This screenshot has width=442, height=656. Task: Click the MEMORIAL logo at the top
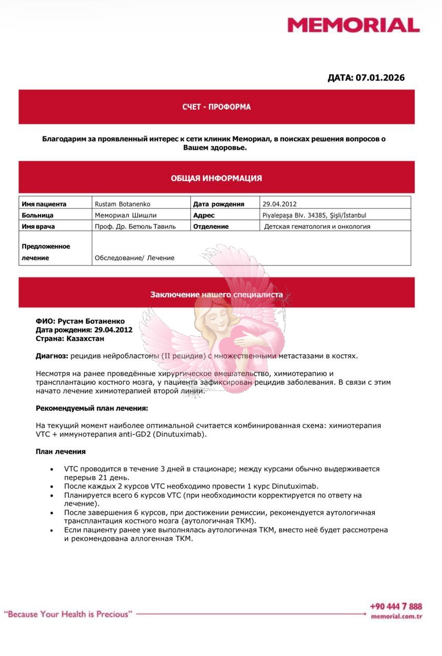click(353, 25)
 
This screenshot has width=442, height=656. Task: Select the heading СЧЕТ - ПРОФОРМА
click(216, 107)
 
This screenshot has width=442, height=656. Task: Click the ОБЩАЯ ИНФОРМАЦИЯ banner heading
click(216, 178)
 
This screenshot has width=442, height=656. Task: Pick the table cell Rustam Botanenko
click(123, 203)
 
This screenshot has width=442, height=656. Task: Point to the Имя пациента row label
click(44, 203)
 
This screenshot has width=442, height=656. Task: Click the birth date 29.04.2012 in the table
click(279, 203)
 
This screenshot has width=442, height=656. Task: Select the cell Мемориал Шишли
click(126, 215)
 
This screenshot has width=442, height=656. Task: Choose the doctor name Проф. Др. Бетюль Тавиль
click(135, 227)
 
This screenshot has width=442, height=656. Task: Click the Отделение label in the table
click(211, 227)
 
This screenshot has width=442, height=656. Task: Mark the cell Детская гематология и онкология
click(317, 227)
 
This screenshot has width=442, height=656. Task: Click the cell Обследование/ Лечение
click(134, 258)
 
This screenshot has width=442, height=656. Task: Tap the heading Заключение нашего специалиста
click(216, 295)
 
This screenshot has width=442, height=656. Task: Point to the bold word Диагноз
click(51, 356)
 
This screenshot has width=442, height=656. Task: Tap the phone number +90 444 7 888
click(396, 607)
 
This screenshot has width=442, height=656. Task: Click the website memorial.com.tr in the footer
click(396, 617)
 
